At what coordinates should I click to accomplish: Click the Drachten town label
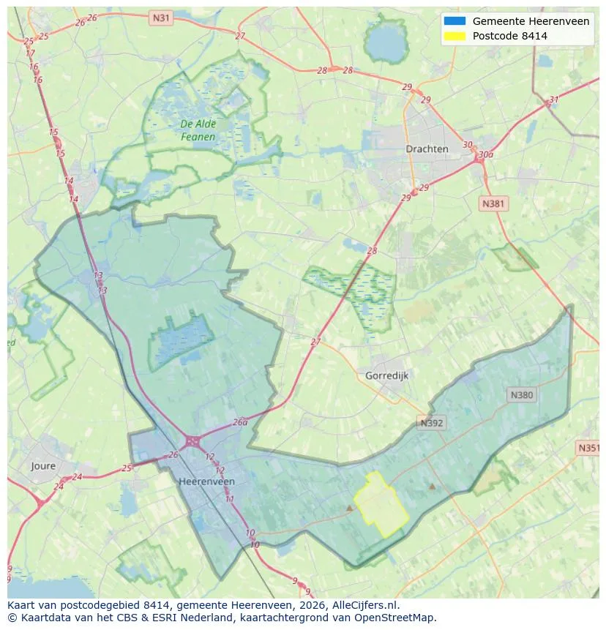click(x=427, y=149)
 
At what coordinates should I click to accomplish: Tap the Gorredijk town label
click(x=386, y=375)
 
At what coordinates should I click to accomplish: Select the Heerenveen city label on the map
click(x=207, y=481)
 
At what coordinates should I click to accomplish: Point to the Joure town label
click(x=43, y=466)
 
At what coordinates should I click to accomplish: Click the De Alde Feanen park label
click(x=198, y=130)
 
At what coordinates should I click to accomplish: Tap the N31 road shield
click(x=160, y=17)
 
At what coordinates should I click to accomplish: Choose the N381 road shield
click(x=493, y=203)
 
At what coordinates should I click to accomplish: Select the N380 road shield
click(x=522, y=395)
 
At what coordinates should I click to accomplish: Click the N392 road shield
click(x=432, y=423)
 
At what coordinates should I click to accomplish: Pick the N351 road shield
click(x=589, y=448)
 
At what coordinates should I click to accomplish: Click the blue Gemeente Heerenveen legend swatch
click(x=454, y=21)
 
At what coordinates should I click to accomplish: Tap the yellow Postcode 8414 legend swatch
click(x=454, y=36)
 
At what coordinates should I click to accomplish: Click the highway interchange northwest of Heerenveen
click(x=193, y=440)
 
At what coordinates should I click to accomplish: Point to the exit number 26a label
click(x=240, y=422)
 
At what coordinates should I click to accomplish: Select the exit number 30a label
click(x=485, y=154)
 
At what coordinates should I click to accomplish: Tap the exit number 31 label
click(x=554, y=100)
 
